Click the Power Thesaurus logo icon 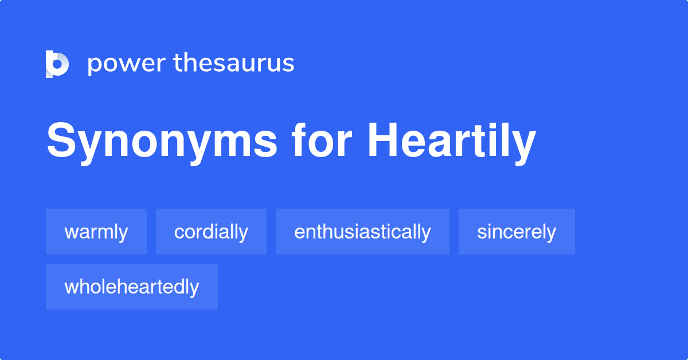[x=57, y=64]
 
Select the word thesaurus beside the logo [x=234, y=63]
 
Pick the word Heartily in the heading [x=452, y=141]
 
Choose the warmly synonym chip [x=96, y=232]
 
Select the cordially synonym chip [x=211, y=232]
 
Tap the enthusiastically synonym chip [x=362, y=232]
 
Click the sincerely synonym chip [x=517, y=232]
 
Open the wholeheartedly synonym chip [x=132, y=287]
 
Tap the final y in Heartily [x=523, y=146]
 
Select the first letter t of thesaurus [x=178, y=63]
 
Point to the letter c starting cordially [x=179, y=233]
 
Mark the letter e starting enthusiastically [x=299, y=233]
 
